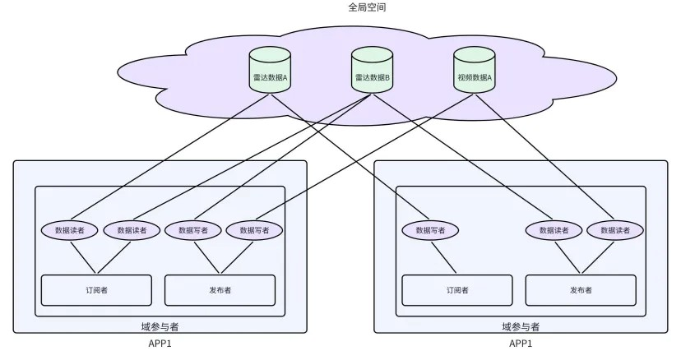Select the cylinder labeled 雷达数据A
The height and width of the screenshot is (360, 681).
point(270,77)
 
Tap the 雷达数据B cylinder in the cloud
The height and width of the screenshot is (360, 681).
point(372,77)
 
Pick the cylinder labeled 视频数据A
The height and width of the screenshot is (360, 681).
point(475,77)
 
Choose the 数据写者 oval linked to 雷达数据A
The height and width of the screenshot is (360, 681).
point(429,230)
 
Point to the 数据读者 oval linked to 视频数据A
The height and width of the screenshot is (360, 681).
point(614,230)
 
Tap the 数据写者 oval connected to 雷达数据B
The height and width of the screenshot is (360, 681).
point(192,230)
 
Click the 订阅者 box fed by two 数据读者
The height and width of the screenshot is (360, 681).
point(97,289)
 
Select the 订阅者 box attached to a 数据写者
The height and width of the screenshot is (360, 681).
point(456,289)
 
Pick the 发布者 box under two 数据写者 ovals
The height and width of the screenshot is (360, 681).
point(220,289)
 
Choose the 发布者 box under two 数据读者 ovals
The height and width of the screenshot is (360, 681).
point(581,289)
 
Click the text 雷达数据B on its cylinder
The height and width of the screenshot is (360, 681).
point(372,77)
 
